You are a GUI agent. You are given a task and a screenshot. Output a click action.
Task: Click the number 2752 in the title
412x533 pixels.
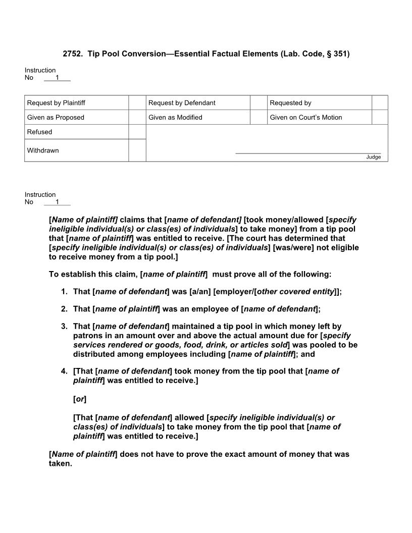(x=72, y=54)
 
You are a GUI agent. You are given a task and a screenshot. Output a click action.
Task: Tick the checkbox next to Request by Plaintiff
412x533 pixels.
(x=137, y=103)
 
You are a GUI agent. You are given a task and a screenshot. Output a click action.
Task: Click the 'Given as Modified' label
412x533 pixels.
(x=175, y=118)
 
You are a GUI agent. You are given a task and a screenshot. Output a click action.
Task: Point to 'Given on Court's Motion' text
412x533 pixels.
(x=305, y=118)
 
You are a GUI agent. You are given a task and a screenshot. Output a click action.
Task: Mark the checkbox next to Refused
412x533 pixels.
(x=137, y=132)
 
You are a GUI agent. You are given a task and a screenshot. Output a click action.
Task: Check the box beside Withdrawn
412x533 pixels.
(x=137, y=150)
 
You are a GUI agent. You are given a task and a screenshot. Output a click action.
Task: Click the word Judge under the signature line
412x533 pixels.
(x=373, y=157)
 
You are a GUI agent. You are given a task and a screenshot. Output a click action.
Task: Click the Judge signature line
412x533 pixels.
(x=308, y=153)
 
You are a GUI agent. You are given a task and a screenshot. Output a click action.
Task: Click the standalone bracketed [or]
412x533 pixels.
(x=80, y=399)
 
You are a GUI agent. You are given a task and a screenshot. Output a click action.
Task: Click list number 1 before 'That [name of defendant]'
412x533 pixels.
(x=64, y=292)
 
